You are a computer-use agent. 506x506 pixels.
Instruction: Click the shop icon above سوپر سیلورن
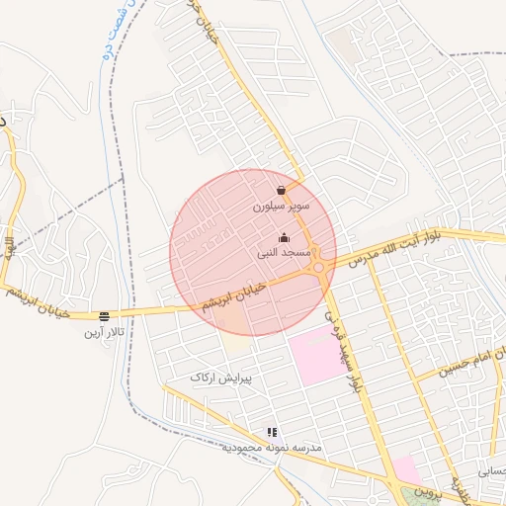click(282, 190)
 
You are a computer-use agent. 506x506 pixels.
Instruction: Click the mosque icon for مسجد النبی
click(285, 237)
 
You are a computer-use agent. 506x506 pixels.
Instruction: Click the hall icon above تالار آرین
click(104, 316)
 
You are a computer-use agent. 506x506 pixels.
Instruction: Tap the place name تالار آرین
click(104, 333)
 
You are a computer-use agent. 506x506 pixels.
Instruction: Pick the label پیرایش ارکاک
click(221, 378)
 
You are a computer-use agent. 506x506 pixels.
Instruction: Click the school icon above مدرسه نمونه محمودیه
click(272, 432)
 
